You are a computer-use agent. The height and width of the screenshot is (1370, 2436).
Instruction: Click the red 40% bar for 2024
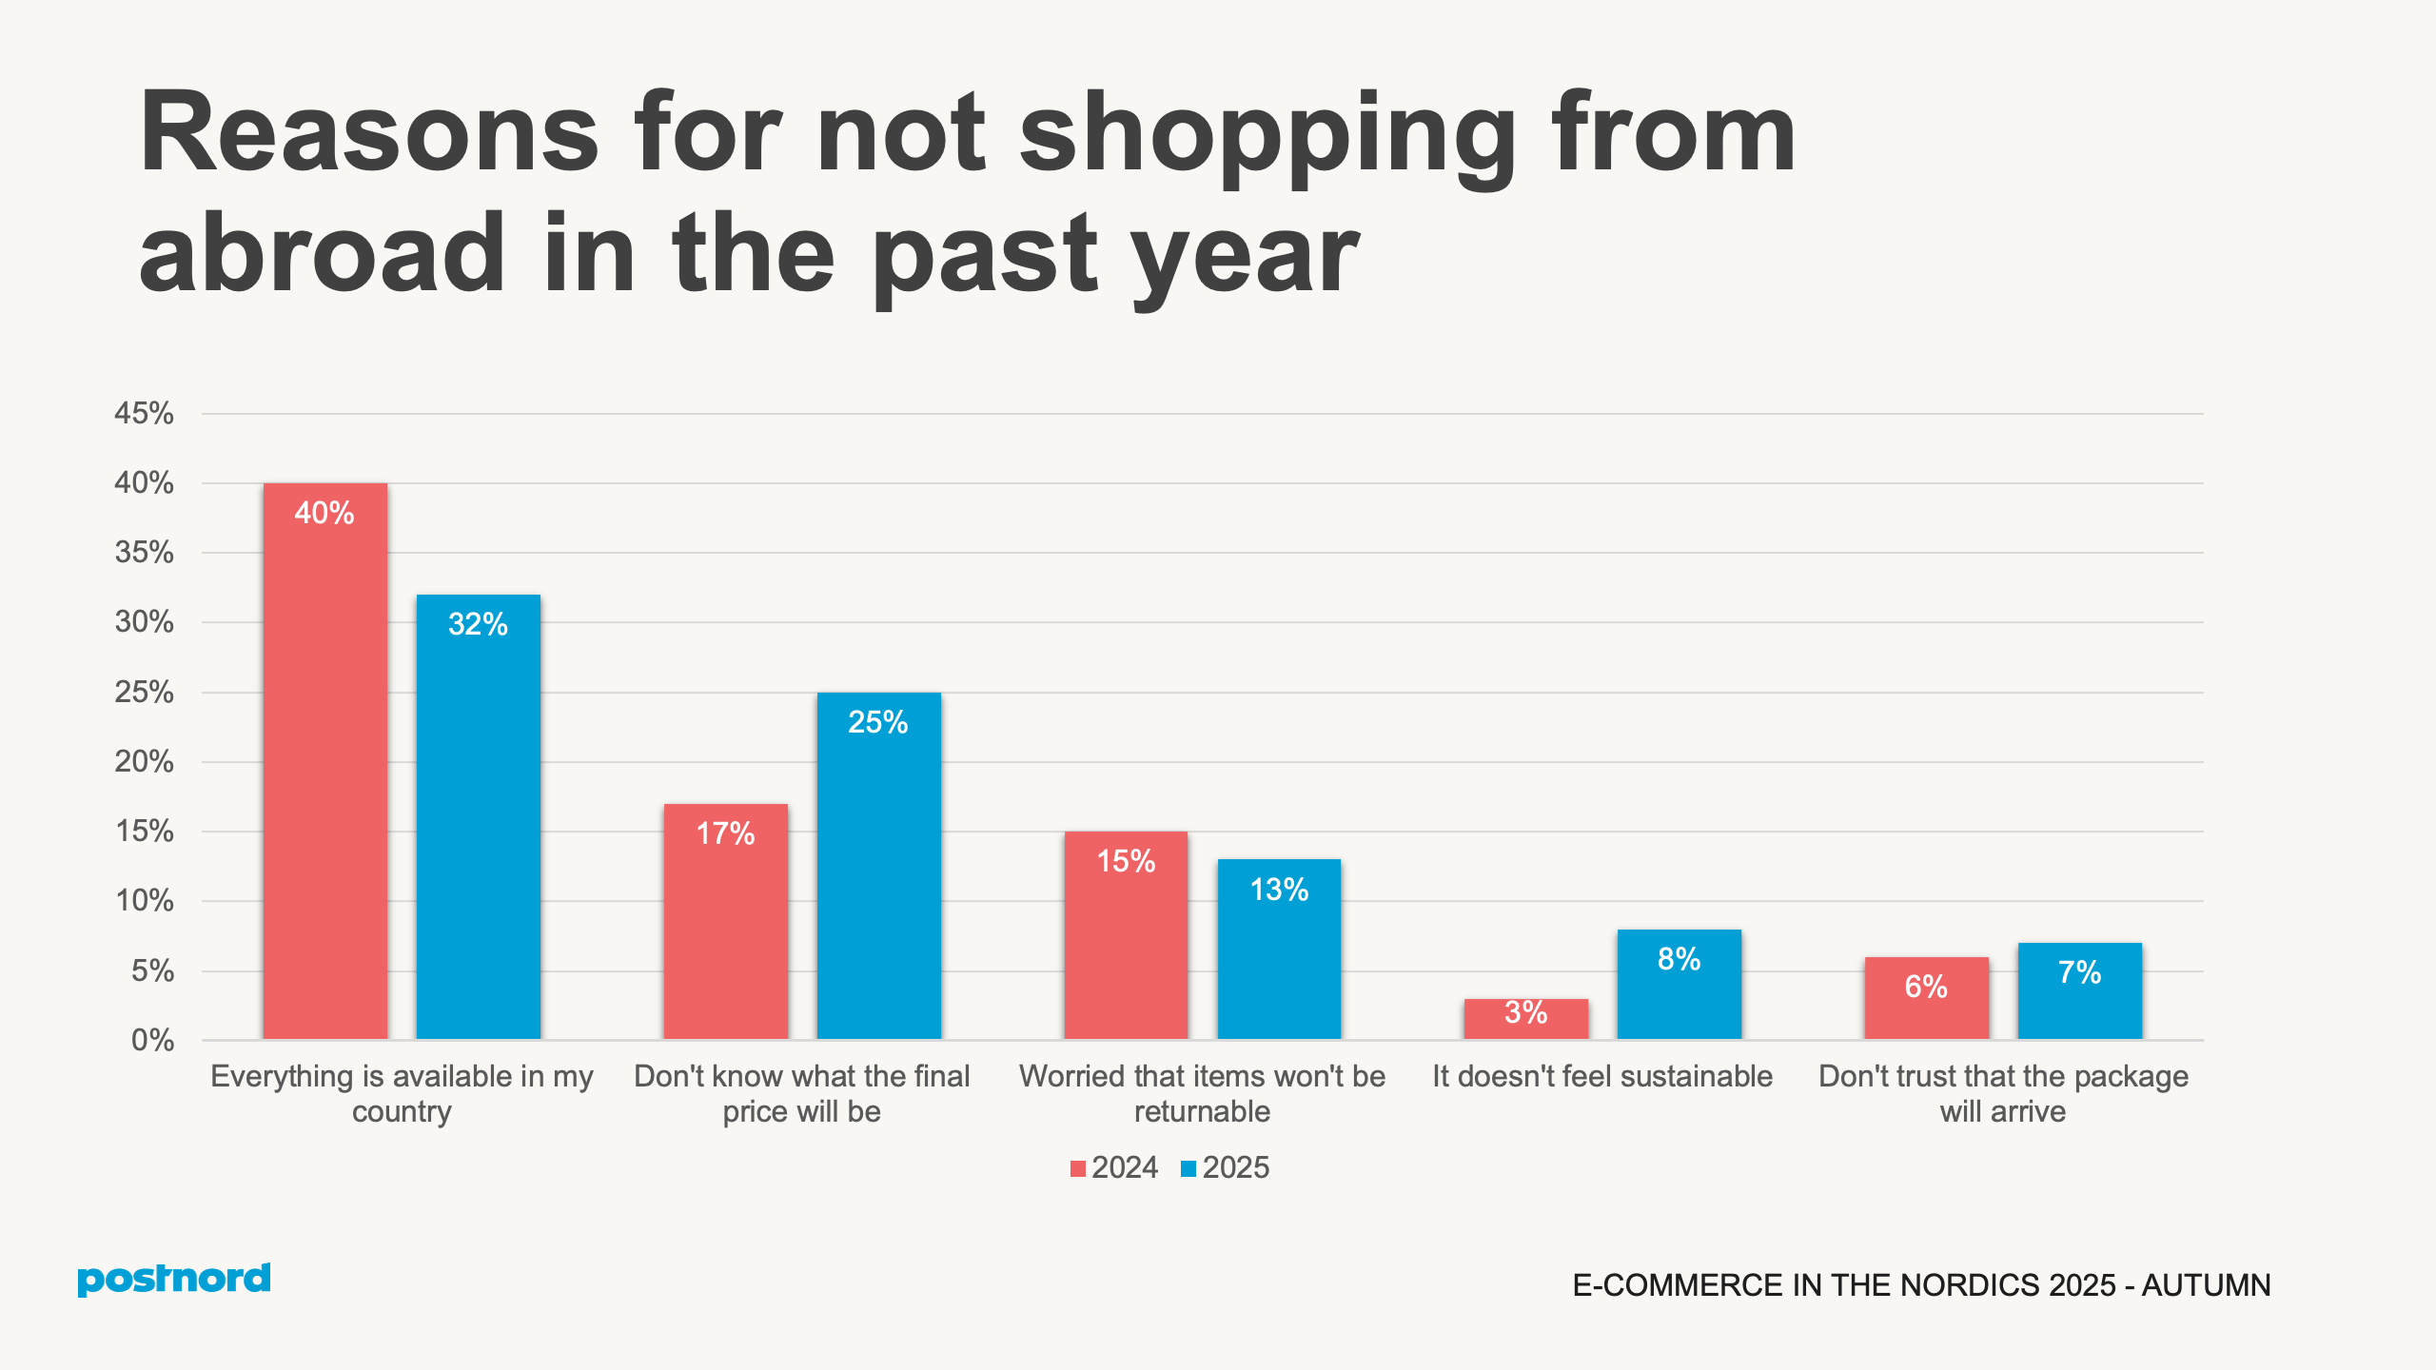coord(324,761)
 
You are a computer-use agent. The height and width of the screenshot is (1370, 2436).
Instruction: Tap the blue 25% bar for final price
coord(878,866)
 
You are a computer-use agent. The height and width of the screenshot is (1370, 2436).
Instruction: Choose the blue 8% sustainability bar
coord(1679,984)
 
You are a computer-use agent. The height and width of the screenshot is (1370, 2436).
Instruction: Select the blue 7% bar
coord(2079,990)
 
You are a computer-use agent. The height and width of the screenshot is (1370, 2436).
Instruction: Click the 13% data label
coord(1279,890)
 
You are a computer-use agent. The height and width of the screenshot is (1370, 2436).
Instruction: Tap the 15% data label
coord(1126,861)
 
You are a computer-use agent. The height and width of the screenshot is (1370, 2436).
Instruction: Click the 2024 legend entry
coord(1114,1167)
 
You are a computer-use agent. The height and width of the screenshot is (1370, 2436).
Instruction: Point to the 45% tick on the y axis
coord(144,413)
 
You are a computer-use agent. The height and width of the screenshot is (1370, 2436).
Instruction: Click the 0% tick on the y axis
coord(152,1040)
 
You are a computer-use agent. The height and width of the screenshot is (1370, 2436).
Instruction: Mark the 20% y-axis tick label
coord(144,761)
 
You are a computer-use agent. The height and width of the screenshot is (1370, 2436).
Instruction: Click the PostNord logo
coord(173,1279)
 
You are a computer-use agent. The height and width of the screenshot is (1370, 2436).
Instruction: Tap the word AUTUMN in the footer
coord(2206,1285)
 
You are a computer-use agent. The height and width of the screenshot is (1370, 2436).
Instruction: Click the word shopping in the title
coord(1266,133)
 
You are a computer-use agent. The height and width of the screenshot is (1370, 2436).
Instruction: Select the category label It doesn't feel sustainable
coord(1602,1076)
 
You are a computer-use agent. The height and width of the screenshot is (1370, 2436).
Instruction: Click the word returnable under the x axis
coord(1202,1111)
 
